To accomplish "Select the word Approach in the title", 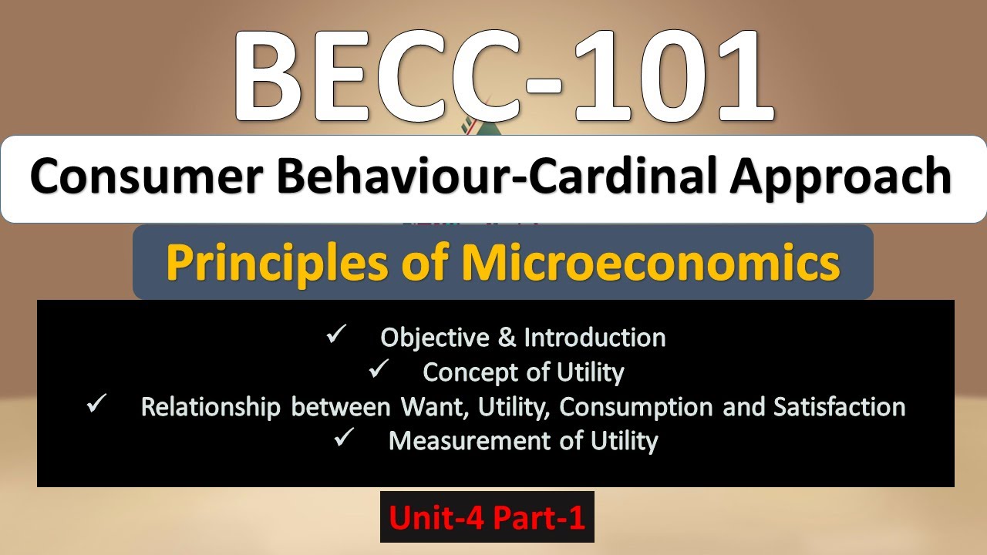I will click(842, 179).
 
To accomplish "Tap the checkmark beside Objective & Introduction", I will click(336, 336).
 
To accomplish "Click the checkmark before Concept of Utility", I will click(379, 371).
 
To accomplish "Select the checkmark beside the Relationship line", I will click(97, 405).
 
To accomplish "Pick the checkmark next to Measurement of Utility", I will click(345, 439).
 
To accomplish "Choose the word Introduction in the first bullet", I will click(595, 338).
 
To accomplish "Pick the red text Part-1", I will click(538, 517).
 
